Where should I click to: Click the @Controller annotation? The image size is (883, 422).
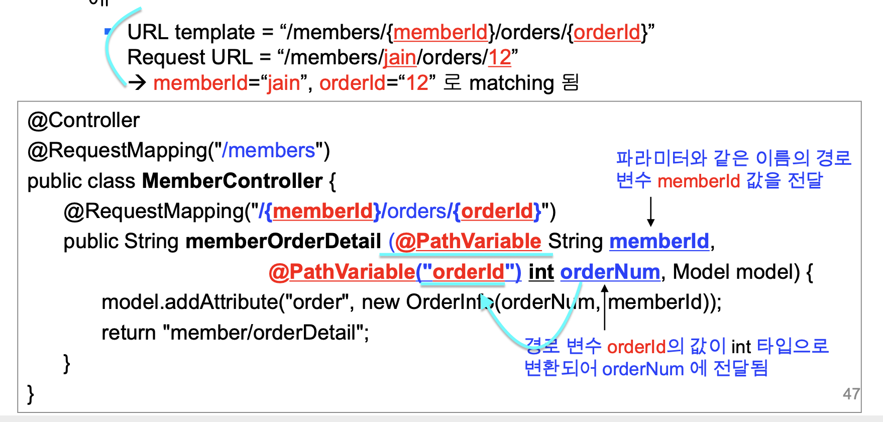[83, 121]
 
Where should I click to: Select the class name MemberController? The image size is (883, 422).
[232, 181]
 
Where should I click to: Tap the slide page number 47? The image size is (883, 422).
[851, 394]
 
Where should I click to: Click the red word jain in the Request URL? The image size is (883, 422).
[400, 58]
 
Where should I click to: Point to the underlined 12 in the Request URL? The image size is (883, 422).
[499, 58]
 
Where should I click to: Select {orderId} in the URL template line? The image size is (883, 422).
[607, 33]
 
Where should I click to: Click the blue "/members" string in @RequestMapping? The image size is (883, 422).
[268, 151]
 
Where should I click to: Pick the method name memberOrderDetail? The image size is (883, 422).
[283, 242]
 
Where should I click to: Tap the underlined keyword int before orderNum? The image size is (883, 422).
[541, 272]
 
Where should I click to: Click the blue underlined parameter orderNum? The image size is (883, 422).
[610, 272]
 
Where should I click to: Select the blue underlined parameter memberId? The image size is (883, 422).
[659, 242]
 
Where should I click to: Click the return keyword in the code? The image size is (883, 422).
[129, 333]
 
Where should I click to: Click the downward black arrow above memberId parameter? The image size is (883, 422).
[650, 212]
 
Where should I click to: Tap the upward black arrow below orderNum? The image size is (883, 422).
[605, 306]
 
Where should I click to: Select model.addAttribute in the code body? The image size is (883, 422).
[190, 302]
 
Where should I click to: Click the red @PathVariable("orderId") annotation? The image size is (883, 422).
[395, 272]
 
